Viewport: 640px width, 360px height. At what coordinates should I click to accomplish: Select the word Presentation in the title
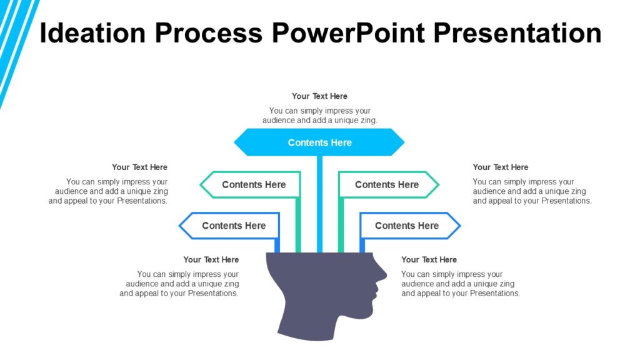click(517, 33)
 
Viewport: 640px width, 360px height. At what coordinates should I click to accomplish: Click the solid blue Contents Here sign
click(319, 142)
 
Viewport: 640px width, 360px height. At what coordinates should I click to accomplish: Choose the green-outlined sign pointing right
click(387, 185)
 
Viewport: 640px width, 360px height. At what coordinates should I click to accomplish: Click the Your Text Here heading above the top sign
click(319, 96)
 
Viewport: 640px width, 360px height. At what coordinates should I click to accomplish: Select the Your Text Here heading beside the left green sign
click(139, 167)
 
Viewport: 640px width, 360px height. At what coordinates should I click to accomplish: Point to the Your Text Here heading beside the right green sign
click(500, 167)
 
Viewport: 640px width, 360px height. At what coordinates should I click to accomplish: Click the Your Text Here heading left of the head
click(211, 259)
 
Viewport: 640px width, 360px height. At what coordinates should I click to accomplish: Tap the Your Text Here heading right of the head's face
click(429, 259)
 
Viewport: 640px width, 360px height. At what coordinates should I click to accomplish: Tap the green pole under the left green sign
click(298, 225)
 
